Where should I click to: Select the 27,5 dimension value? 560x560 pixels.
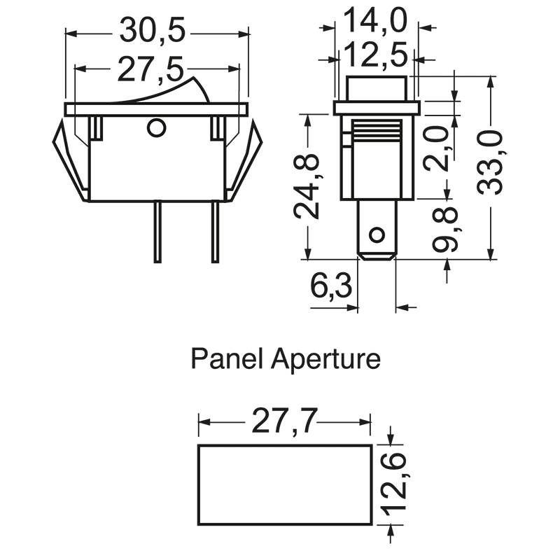(x=150, y=69)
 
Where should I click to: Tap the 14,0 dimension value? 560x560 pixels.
(x=375, y=21)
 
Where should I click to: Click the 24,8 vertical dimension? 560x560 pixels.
(x=307, y=185)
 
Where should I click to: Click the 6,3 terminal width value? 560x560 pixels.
(x=331, y=286)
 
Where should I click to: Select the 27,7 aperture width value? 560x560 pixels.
(x=285, y=421)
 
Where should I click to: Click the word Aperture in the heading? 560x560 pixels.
(x=325, y=360)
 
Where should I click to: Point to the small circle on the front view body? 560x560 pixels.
(x=156, y=128)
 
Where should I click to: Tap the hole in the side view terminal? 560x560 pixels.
(x=377, y=235)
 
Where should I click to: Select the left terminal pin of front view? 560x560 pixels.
(x=157, y=232)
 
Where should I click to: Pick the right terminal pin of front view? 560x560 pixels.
(x=215, y=232)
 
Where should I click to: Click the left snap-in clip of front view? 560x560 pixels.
(x=71, y=160)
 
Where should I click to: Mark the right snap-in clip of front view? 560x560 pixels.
(x=244, y=160)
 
